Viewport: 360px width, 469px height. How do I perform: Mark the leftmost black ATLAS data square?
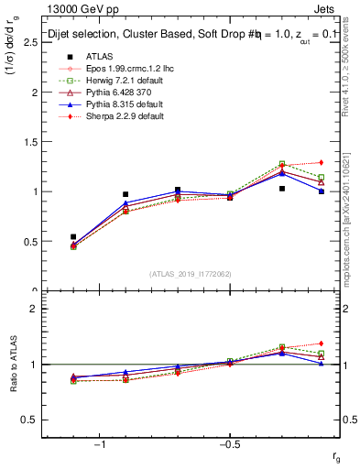point(73,236)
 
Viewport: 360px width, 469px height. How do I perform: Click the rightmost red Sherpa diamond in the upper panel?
point(322,162)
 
